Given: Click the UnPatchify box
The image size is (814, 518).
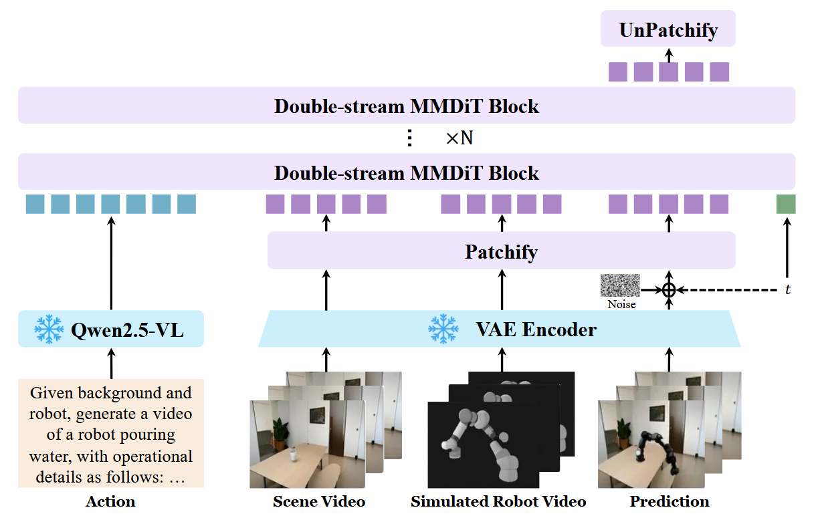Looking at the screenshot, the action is click(x=668, y=28).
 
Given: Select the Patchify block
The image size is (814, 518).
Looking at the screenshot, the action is click(x=502, y=250).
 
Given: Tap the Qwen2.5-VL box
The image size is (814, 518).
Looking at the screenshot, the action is click(x=111, y=329).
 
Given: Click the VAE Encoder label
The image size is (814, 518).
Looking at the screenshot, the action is click(x=536, y=330).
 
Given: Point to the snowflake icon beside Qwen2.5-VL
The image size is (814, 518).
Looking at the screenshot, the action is click(x=49, y=329).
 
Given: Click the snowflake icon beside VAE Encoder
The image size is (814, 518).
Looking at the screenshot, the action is click(x=443, y=329).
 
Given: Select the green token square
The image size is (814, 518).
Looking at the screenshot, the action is click(x=786, y=204).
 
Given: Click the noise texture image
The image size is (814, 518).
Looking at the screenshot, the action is click(x=620, y=285).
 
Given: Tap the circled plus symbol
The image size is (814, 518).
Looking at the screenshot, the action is click(x=669, y=290).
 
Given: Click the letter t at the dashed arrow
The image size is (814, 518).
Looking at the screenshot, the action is click(x=788, y=289).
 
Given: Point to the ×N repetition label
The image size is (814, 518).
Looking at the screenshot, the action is click(x=460, y=138).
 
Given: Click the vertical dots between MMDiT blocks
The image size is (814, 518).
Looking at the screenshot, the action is click(x=410, y=138).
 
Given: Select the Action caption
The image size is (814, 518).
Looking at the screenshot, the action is click(x=110, y=502).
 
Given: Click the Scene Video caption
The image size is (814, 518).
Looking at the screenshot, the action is click(x=319, y=502).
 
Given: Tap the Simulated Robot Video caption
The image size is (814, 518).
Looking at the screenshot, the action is click(x=498, y=502).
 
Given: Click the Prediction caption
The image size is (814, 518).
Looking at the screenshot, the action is click(x=670, y=502).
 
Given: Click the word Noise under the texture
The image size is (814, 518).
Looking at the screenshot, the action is click(x=622, y=304).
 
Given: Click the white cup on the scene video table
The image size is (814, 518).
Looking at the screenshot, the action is click(x=292, y=454).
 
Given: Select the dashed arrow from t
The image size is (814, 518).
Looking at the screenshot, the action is click(x=727, y=290).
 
